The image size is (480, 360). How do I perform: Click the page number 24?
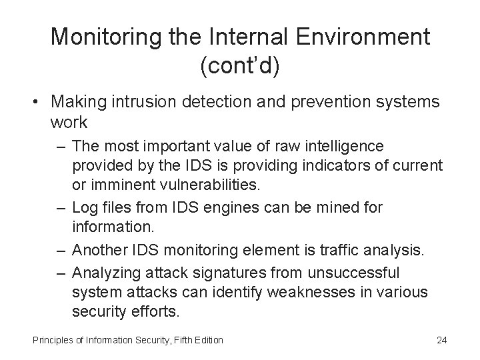coord(441,341)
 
